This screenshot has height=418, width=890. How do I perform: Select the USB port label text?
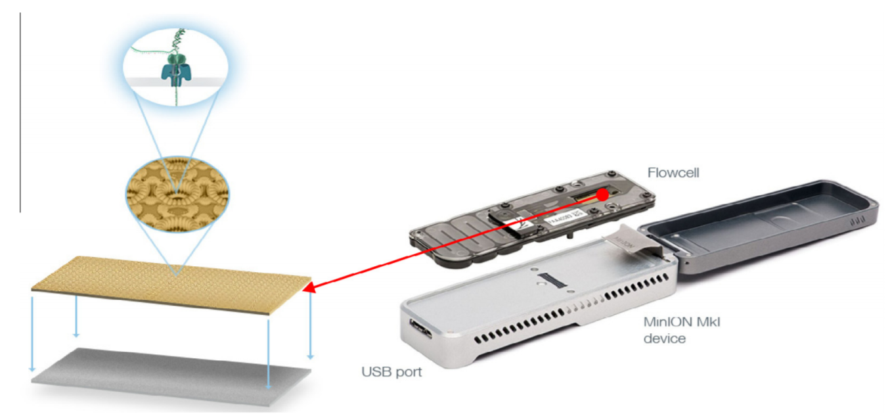click(391, 372)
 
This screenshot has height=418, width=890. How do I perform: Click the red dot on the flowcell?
click(602, 195)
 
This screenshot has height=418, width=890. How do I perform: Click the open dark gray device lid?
click(762, 217)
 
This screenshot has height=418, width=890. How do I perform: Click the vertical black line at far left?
click(20, 112)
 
